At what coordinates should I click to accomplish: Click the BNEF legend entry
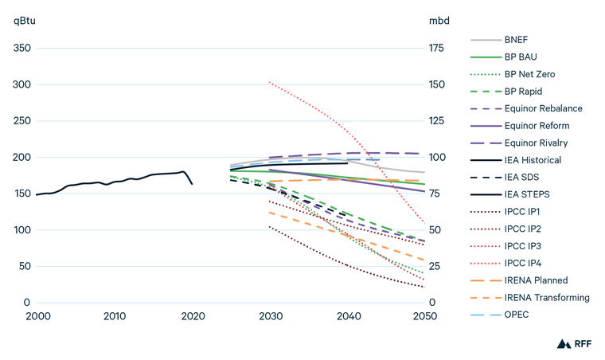point(516,39)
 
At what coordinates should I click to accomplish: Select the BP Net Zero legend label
point(530,74)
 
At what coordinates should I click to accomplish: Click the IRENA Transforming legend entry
point(546,297)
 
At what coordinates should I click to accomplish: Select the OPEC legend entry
point(517,315)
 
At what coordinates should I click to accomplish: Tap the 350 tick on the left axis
point(22,49)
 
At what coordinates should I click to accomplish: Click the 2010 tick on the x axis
point(115,316)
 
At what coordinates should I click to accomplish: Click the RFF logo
point(572,344)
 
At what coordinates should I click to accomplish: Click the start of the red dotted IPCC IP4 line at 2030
point(270,82)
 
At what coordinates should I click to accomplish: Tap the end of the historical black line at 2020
point(192,184)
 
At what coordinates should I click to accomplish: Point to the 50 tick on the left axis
point(25,267)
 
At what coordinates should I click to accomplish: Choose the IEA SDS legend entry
point(523,177)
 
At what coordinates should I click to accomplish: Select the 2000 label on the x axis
point(37,316)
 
